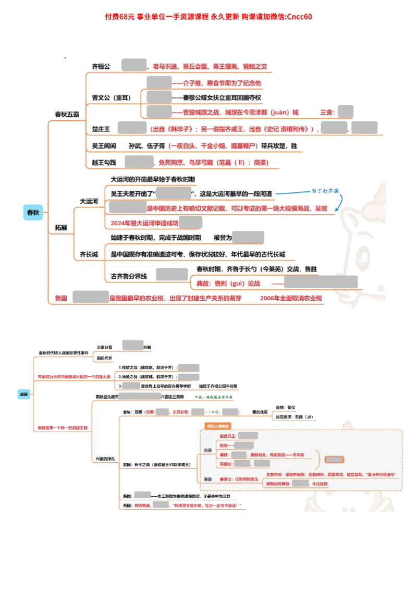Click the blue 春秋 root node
pyautogui.click(x=33, y=212)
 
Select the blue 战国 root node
pyautogui.click(x=24, y=395)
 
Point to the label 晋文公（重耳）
pyautogui.click(x=111, y=97)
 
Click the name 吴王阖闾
pyautogui.click(x=104, y=146)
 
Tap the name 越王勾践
pyautogui.click(x=104, y=163)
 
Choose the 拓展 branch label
pyautogui.click(x=61, y=228)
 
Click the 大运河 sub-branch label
pyautogui.click(x=89, y=200)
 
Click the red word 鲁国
pyautogui.click(x=61, y=298)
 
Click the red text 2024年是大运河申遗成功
pyautogui.click(x=144, y=223)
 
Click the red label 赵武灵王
pyautogui.click(x=227, y=436)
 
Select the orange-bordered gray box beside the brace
pyautogui.click(x=334, y=460)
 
